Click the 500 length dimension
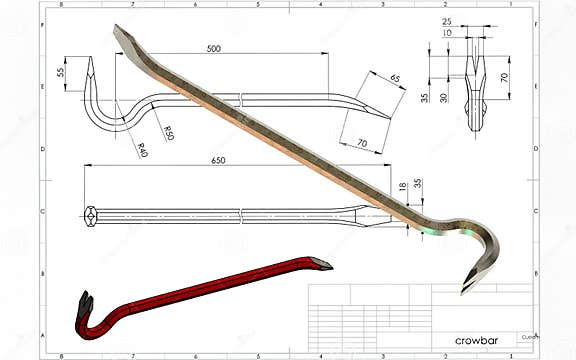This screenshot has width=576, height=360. coord(214,48)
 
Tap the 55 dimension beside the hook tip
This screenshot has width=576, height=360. coord(60,73)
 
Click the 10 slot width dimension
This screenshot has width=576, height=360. coord(446,32)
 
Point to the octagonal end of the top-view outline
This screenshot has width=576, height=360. coord(91,214)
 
